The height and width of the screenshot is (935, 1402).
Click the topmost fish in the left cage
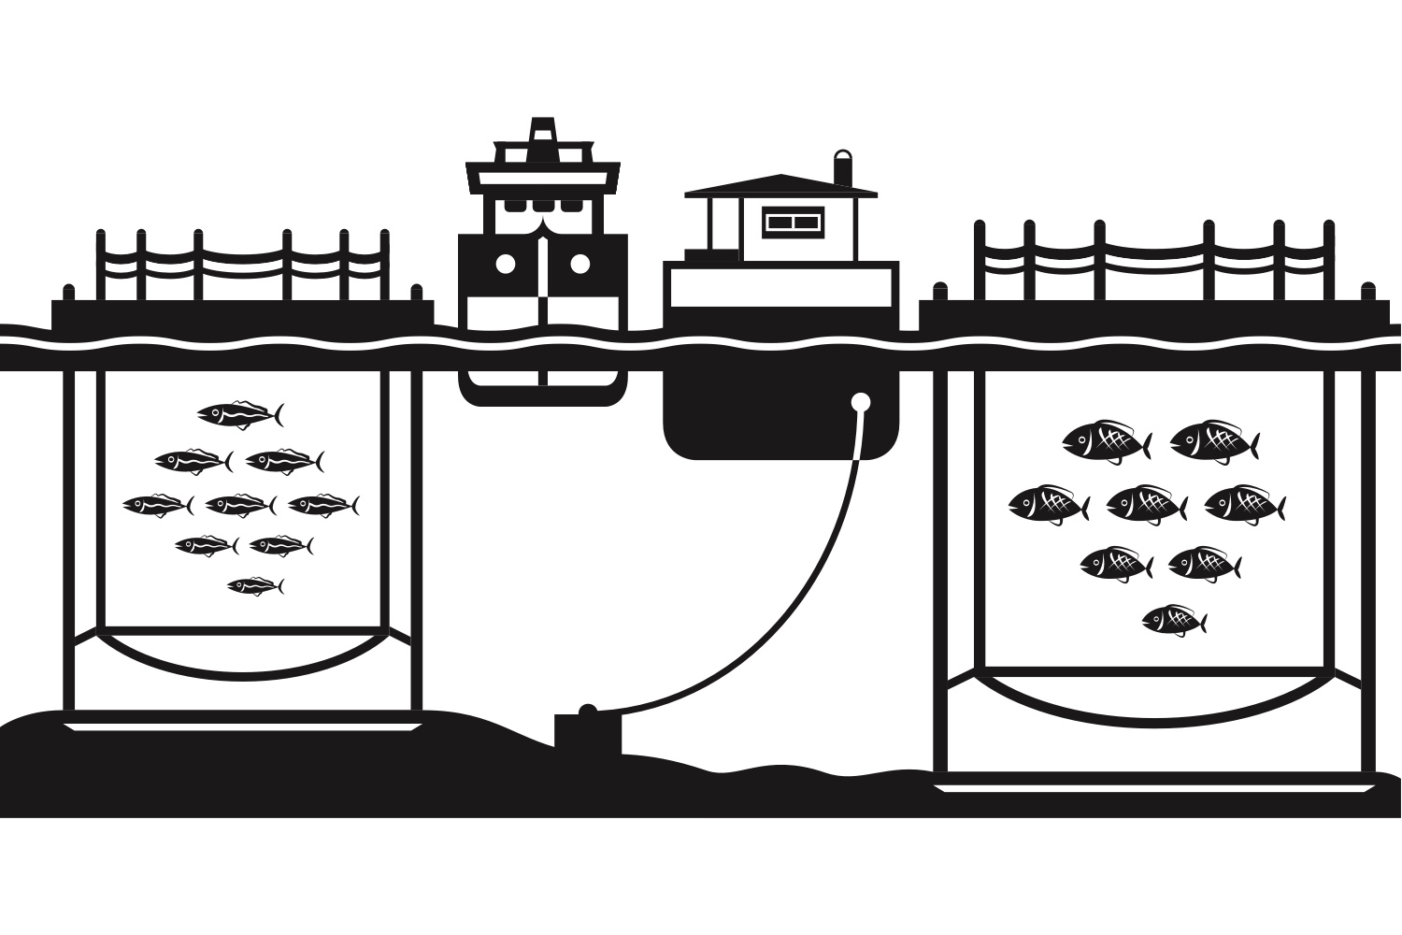[238, 413]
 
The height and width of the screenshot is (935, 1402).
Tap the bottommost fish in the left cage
[254, 586]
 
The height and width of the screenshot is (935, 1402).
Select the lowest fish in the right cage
[1173, 620]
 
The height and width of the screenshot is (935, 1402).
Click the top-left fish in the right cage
[1105, 441]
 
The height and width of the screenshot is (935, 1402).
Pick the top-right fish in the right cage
[1213, 441]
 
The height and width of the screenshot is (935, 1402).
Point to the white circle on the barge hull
[861, 403]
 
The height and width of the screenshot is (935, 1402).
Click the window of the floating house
[793, 223]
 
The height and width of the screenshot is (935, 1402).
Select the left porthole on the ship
[506, 264]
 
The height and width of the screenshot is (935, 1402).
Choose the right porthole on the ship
[579, 264]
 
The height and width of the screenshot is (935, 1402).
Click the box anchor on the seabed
[586, 733]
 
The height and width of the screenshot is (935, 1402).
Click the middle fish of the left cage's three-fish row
[239, 506]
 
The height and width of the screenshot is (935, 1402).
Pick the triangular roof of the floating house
[780, 184]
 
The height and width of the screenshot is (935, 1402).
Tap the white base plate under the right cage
[1154, 788]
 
